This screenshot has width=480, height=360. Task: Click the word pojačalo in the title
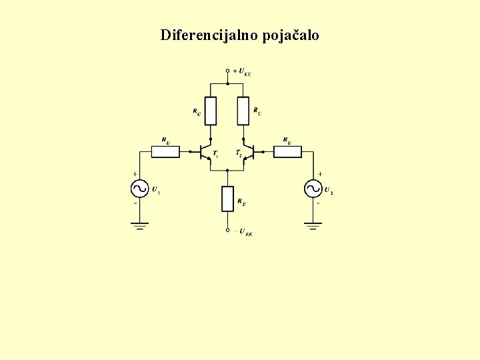pyautogui.click(x=291, y=35)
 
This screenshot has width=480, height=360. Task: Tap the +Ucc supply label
pyautogui.click(x=242, y=71)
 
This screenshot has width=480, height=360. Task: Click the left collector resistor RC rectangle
pyautogui.click(x=211, y=111)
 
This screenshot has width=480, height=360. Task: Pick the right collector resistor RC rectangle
pyautogui.click(x=243, y=111)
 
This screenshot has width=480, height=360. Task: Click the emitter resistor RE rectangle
pyautogui.click(x=227, y=199)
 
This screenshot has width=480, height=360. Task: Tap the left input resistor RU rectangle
pyautogui.click(x=165, y=152)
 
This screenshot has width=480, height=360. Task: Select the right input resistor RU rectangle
pyautogui.click(x=287, y=152)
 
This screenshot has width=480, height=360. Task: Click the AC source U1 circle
pyautogui.click(x=140, y=189)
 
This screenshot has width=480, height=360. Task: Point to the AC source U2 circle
pyautogui.click(x=314, y=189)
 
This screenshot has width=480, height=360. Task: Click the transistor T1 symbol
pyautogui.click(x=206, y=152)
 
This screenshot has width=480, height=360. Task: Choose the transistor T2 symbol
pyautogui.click(x=248, y=152)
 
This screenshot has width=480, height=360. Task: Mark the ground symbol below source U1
pyautogui.click(x=140, y=226)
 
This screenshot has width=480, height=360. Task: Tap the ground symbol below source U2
pyautogui.click(x=314, y=226)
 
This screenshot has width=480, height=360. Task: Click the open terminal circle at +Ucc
pyautogui.click(x=227, y=71)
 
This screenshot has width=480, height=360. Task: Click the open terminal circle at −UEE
pyautogui.click(x=227, y=231)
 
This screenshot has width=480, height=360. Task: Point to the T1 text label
pyautogui.click(x=215, y=154)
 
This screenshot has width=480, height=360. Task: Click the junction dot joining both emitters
pyautogui.click(x=227, y=169)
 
